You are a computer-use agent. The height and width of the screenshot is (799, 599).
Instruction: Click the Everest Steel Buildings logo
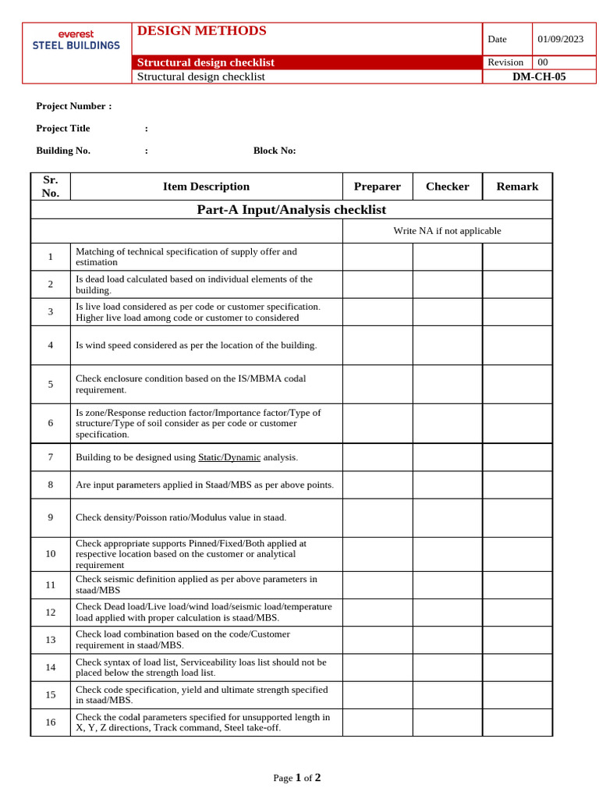(76, 40)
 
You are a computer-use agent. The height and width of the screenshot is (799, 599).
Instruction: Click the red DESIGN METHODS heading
(201, 31)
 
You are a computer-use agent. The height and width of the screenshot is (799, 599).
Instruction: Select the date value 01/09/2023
(560, 39)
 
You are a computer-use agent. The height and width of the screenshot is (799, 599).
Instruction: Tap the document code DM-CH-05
(539, 76)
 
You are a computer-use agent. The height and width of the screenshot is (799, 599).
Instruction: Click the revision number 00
(543, 62)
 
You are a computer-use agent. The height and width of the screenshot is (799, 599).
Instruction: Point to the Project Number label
(74, 106)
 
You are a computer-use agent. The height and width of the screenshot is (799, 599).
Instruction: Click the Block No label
(275, 151)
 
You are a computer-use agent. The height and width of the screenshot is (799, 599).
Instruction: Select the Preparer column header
(377, 186)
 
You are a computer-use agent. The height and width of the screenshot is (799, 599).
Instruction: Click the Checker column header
(447, 186)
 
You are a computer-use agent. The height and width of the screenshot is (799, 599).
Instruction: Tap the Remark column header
(517, 186)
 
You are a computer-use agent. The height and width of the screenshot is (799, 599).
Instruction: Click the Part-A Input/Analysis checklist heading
(291, 210)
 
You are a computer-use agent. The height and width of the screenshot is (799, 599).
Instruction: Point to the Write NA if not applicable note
(447, 231)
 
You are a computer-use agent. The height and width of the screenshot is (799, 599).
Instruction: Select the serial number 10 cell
(51, 554)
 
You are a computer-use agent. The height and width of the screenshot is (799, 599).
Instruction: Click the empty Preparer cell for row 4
(377, 345)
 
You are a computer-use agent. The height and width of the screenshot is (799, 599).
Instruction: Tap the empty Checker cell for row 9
(447, 517)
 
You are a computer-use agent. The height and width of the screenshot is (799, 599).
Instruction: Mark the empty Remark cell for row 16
(517, 723)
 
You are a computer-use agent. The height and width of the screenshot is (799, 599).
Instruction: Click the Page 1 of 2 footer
(297, 777)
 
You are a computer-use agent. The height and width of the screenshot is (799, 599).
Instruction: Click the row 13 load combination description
(183, 640)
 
